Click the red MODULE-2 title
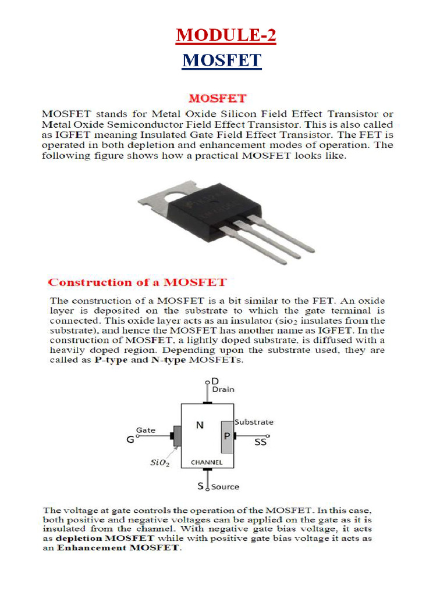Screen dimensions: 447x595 226,35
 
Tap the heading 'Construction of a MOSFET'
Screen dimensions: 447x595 137,282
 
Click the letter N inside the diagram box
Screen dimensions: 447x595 200,425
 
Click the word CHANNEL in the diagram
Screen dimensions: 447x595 207,463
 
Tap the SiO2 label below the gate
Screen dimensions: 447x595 159,464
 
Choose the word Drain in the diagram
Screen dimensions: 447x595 223,390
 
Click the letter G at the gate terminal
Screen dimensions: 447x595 130,440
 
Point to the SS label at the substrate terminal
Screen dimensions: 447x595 261,442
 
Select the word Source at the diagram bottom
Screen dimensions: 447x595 225,486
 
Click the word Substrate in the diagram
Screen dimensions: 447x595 254,422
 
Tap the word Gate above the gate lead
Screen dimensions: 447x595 146,430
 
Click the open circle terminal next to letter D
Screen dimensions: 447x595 208,382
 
